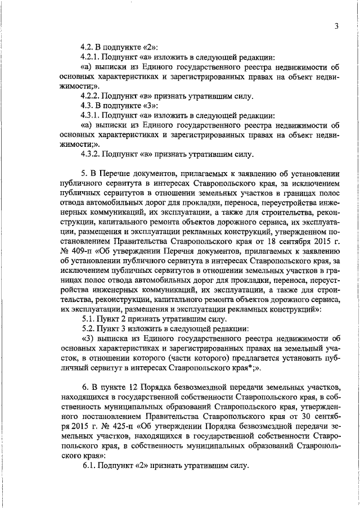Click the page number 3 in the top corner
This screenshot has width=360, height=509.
335,25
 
